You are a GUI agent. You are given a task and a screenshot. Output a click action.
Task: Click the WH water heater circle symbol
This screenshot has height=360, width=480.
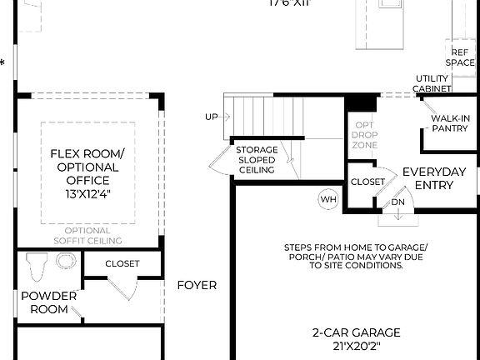point(328,199)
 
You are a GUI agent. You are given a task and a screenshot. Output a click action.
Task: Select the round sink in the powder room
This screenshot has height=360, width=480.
point(64,261)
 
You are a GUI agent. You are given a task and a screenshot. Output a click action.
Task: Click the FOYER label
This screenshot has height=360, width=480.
point(197,285)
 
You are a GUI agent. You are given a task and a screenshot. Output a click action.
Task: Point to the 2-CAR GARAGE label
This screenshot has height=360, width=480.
point(356,331)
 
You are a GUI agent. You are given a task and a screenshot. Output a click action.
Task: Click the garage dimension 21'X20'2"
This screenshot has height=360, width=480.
point(356,344)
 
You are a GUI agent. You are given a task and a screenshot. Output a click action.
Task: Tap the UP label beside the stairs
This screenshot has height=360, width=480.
point(212,117)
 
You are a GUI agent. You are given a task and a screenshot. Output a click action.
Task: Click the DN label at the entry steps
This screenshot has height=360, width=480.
point(397,202)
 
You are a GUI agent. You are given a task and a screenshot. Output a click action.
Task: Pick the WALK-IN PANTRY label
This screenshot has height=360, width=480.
point(449,123)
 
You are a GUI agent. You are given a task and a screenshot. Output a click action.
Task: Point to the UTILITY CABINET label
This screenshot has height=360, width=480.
point(432,83)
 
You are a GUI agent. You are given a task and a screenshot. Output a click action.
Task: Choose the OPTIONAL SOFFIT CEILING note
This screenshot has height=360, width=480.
point(87,235)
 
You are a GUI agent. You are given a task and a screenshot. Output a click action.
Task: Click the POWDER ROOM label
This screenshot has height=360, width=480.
point(43,302)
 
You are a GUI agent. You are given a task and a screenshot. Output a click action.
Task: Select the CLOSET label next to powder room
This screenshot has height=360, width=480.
point(122,263)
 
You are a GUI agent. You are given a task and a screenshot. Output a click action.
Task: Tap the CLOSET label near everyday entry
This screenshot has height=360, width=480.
point(367,181)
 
